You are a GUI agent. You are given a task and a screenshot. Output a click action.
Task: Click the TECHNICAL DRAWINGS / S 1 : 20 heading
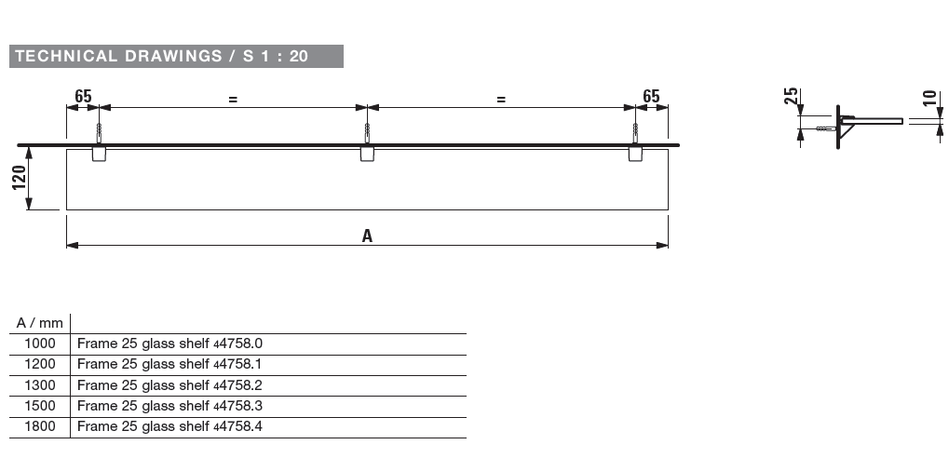162,56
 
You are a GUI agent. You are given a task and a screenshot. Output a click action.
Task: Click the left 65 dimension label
83,96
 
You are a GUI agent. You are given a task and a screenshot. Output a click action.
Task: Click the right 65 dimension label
651,96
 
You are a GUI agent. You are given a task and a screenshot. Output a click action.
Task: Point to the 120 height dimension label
19,178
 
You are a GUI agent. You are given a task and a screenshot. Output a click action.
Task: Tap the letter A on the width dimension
367,236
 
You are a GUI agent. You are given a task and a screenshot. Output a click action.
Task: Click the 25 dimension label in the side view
791,96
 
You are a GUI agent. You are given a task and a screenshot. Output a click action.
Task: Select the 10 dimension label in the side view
930,98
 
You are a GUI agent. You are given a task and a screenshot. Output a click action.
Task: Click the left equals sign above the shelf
233,100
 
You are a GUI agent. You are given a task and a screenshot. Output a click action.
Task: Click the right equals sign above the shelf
501,100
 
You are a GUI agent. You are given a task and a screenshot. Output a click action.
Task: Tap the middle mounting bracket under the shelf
367,154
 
